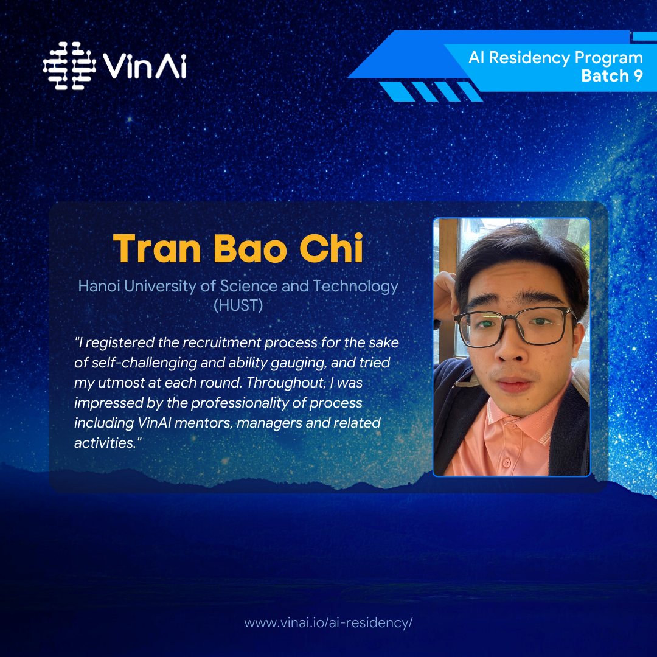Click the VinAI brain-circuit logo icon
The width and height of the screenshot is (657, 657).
[x=69, y=66]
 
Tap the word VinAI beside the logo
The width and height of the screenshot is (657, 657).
[x=145, y=66]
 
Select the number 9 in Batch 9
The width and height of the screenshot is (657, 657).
[x=638, y=76]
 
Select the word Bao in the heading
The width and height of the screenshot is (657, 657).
[x=250, y=248]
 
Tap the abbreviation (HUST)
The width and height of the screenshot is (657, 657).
[x=238, y=305]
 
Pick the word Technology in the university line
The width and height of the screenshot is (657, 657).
[x=355, y=287]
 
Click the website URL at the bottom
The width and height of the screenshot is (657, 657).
[x=328, y=623]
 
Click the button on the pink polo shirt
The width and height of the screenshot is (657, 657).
[x=507, y=463]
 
